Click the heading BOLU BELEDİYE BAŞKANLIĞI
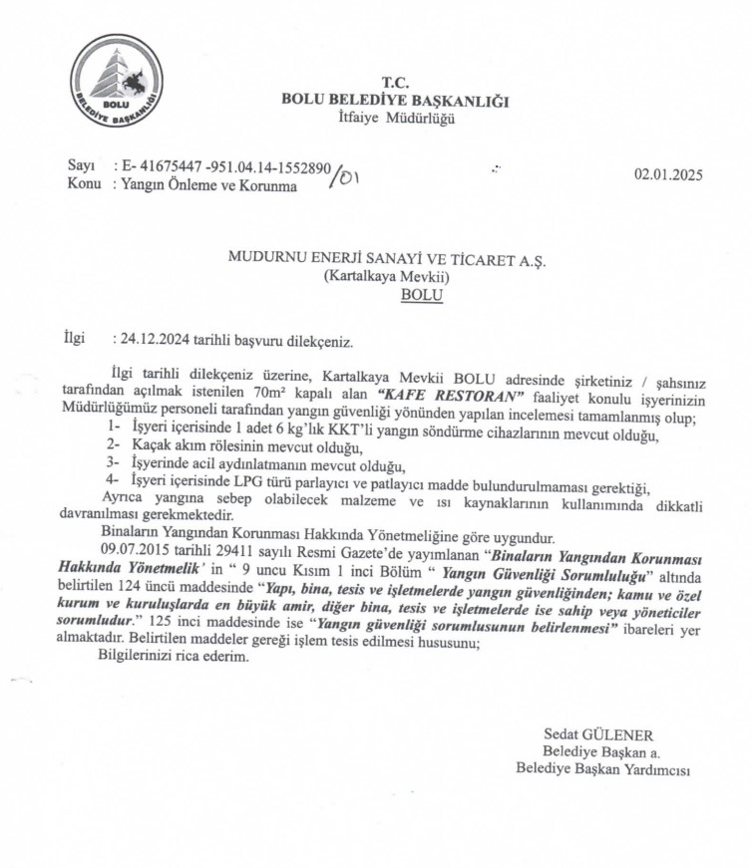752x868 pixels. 396,101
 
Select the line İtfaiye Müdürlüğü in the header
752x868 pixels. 396,119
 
